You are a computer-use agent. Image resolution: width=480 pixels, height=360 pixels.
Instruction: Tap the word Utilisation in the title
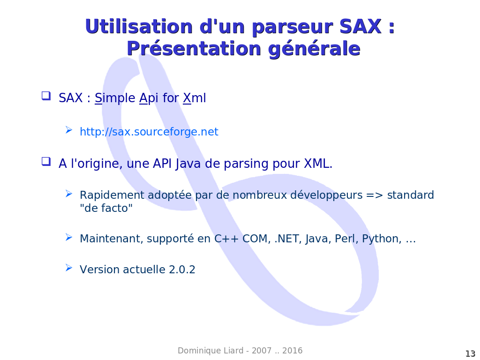(139, 26)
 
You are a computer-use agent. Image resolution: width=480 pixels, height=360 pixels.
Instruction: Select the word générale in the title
(314, 49)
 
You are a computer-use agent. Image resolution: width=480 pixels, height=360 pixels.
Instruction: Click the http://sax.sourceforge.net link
(149, 132)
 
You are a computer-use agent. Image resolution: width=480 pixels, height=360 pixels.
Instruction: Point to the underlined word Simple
(115, 98)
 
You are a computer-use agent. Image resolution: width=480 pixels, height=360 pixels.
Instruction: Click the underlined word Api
(149, 98)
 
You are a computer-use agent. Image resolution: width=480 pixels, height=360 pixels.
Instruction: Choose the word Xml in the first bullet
(195, 98)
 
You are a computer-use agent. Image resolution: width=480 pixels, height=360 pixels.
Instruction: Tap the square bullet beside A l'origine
(46, 161)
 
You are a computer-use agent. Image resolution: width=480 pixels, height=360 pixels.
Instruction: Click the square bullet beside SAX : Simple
(46, 96)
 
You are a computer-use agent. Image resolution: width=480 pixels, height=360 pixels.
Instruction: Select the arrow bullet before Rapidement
(69, 194)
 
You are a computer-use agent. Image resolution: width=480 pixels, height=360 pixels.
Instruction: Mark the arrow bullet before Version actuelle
(69, 268)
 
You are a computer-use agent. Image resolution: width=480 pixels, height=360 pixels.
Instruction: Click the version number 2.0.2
(182, 270)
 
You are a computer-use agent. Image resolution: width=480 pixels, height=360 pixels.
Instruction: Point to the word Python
(382, 239)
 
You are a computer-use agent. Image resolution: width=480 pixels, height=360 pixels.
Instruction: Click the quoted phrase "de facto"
(106, 208)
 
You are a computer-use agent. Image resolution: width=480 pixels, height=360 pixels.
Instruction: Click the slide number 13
(470, 353)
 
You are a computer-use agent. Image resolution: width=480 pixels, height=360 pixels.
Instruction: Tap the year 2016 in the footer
(292, 351)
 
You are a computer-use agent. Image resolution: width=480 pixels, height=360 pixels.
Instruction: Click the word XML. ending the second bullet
(318, 164)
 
